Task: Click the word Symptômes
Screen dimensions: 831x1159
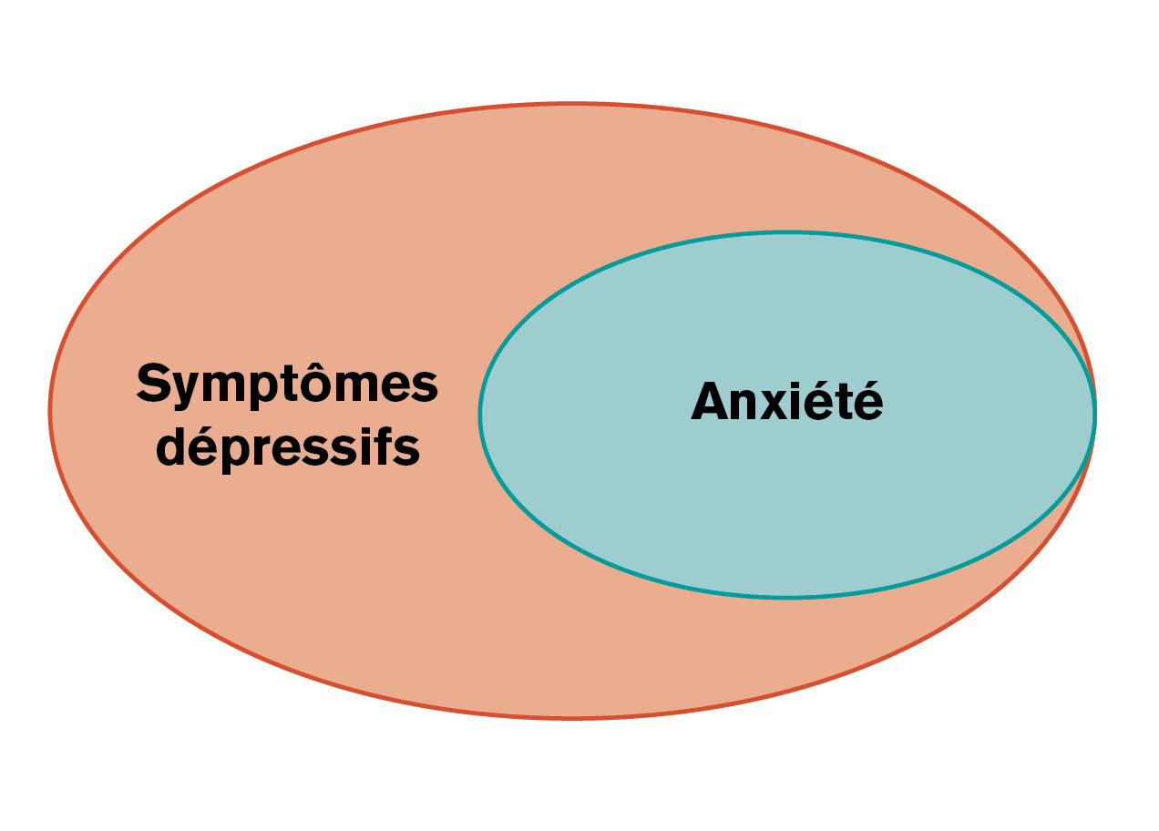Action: click(287, 385)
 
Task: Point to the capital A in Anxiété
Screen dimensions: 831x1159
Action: click(710, 403)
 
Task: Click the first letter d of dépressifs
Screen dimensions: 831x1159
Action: click(173, 446)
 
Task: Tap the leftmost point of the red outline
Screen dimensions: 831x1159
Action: click(50, 411)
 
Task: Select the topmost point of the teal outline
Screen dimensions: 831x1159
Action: click(787, 233)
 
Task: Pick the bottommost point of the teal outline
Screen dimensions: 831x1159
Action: click(787, 597)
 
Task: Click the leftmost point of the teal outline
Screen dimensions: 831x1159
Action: click(480, 415)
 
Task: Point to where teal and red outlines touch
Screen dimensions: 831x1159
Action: click(1094, 413)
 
